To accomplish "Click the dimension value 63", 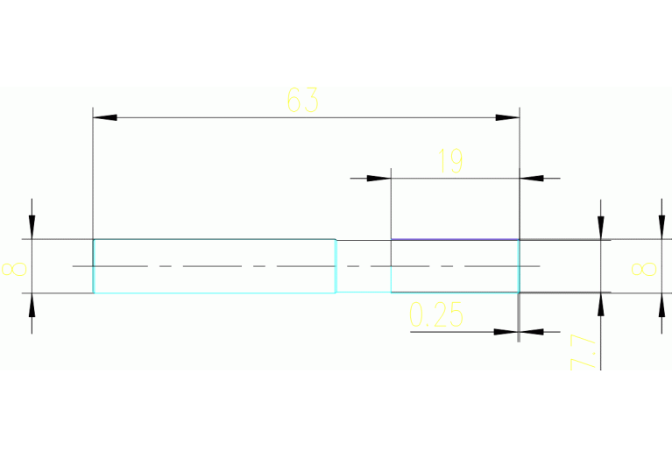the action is pos(302,101).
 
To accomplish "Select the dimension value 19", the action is pos(450,161).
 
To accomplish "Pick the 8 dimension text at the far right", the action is pos(649,266).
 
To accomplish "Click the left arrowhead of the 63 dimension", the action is pos(104,116).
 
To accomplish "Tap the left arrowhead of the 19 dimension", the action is pos(378,178).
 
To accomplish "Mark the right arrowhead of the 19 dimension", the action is pos(532,178).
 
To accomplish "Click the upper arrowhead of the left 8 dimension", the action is pos(32,228).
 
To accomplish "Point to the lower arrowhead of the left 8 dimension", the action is pos(32,304).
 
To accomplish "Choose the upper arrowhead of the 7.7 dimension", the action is pos(600,228).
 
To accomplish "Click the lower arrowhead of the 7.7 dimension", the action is pos(600,304).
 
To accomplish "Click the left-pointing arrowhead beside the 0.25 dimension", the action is pos(532,332).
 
